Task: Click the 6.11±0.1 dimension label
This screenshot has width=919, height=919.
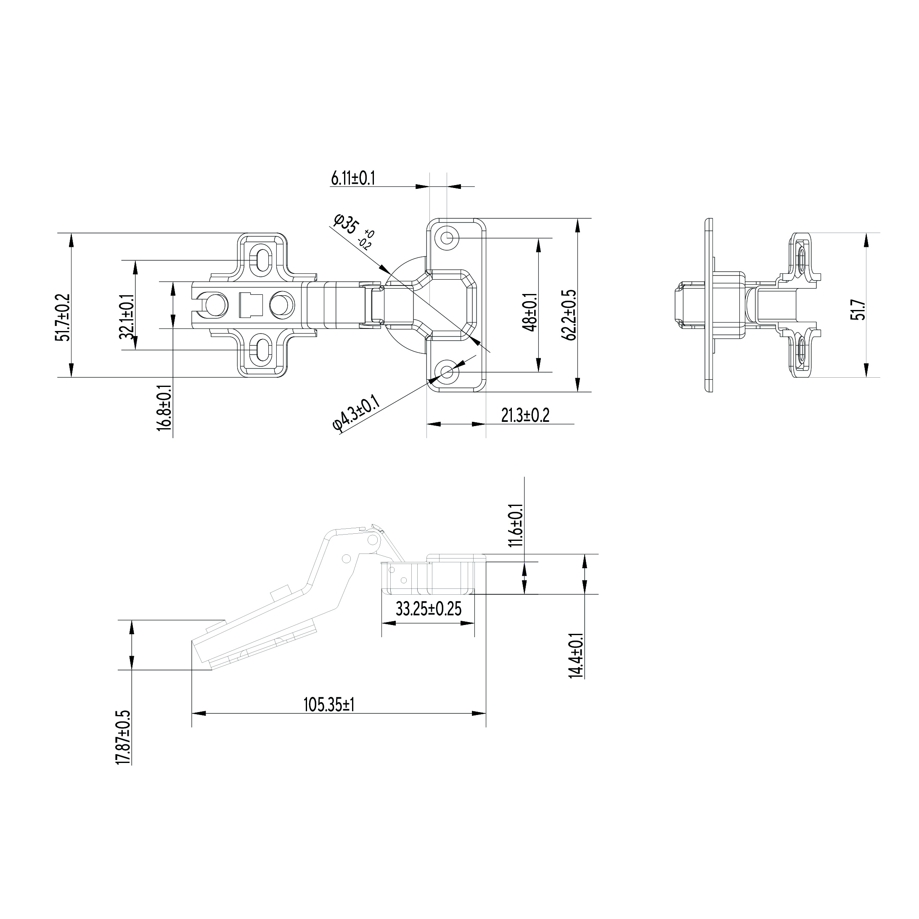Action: [353, 178]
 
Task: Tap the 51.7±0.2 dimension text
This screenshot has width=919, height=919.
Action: [63, 318]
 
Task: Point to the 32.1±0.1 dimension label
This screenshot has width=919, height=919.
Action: [127, 316]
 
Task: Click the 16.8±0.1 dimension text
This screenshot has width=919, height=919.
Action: [164, 408]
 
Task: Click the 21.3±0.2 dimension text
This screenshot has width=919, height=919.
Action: [525, 415]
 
